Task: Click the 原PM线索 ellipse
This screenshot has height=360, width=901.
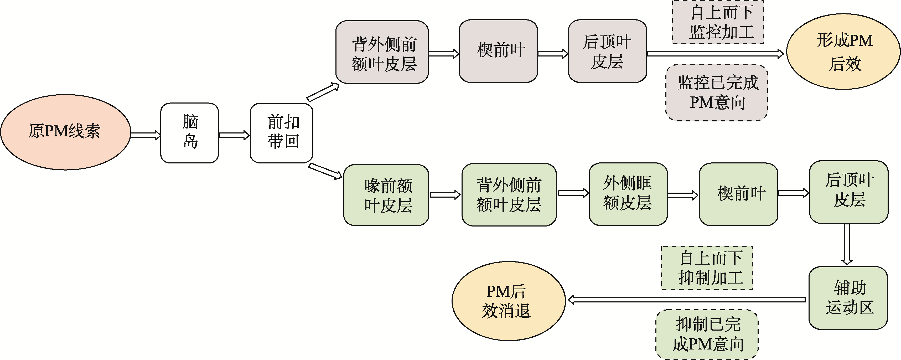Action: pyautogui.click(x=65, y=132)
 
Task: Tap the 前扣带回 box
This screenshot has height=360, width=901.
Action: pyautogui.click(x=282, y=133)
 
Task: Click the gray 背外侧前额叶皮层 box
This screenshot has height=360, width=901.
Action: pyautogui.click(x=382, y=52)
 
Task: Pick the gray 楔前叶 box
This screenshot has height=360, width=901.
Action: pyautogui.click(x=498, y=51)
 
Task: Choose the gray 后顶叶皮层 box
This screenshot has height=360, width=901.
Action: pyautogui.click(x=607, y=51)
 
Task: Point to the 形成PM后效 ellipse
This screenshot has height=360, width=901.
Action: pyautogui.click(x=843, y=52)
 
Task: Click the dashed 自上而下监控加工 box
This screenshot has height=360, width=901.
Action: pyautogui.click(x=718, y=22)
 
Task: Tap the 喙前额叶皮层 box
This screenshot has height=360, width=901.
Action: pyautogui.click(x=386, y=195)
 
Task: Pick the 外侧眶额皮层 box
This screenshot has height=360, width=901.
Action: pyautogui.click(x=628, y=194)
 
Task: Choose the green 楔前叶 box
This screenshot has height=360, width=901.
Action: pyautogui.click(x=738, y=194)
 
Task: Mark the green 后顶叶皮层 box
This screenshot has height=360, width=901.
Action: pyautogui.click(x=848, y=192)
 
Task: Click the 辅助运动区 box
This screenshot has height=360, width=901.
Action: pyautogui.click(x=848, y=298)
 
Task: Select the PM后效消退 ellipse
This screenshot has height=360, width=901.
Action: pyautogui.click(x=509, y=301)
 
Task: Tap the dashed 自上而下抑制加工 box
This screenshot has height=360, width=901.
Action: pyautogui.click(x=707, y=268)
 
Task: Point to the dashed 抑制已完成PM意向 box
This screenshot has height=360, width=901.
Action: pyautogui.click(x=707, y=334)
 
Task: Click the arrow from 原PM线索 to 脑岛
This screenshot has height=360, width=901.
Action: pyautogui.click(x=146, y=135)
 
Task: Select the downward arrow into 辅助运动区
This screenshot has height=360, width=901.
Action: pyautogui.click(x=847, y=244)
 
